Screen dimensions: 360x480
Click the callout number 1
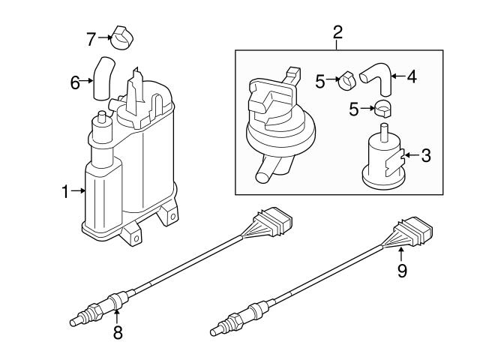point(66,192)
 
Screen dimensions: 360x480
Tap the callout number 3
point(426,156)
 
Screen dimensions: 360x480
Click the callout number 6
point(75,82)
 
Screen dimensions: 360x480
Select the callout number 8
point(117,332)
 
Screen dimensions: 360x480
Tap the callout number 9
point(402,271)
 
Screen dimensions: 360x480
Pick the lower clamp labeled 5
point(383,109)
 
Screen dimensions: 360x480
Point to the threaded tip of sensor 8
point(76,322)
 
